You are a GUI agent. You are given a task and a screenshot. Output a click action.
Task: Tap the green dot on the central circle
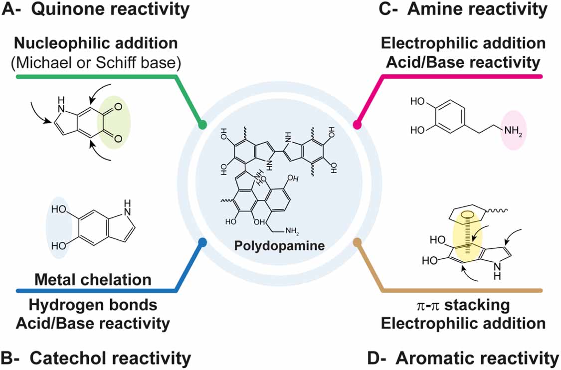[x=202, y=124]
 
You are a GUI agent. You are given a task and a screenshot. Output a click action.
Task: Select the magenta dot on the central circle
[x=358, y=124]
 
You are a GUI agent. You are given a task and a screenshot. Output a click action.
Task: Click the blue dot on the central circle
[x=202, y=242]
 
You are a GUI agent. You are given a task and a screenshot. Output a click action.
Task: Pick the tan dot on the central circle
[x=357, y=242]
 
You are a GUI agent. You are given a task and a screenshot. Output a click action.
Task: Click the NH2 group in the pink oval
[x=512, y=132]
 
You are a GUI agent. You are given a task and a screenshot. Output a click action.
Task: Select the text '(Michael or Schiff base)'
[x=95, y=62]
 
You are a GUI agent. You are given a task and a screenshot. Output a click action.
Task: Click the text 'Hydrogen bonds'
[x=93, y=305]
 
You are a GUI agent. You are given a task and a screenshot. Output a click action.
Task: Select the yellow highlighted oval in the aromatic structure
[x=467, y=234]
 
